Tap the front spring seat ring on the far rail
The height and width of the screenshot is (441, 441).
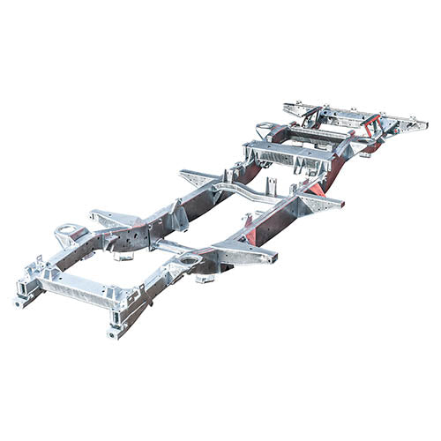67,234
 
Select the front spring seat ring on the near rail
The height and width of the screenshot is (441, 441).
187,261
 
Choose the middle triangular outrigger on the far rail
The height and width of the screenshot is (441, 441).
198,176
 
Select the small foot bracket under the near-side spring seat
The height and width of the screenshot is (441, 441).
205,280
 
